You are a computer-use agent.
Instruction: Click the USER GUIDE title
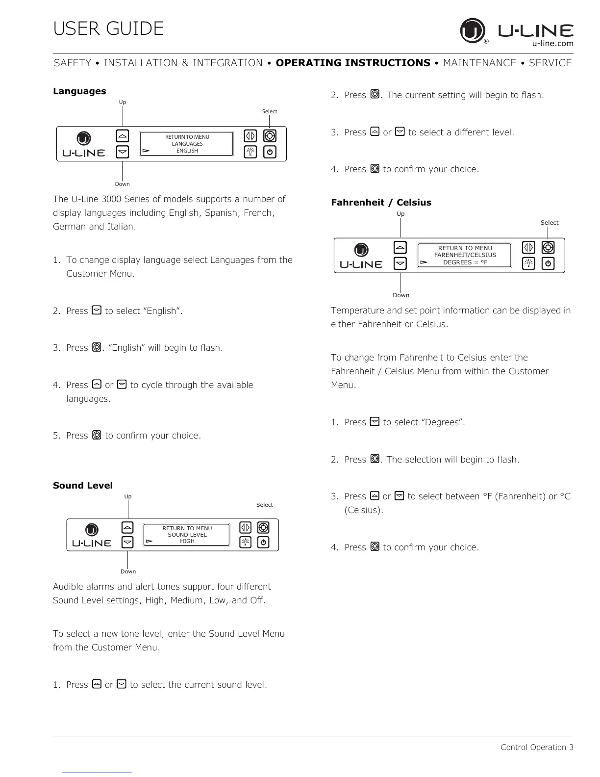click(108, 28)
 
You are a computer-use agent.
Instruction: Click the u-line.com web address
click(552, 43)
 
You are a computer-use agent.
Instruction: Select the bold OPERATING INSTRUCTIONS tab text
click(353, 63)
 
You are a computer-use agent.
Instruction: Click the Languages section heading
click(79, 91)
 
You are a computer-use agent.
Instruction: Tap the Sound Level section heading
click(83, 486)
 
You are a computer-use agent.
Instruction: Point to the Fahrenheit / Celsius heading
click(381, 203)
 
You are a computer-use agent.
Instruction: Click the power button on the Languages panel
click(270, 152)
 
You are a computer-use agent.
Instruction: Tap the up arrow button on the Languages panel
click(123, 136)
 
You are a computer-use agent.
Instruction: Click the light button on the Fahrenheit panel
click(528, 263)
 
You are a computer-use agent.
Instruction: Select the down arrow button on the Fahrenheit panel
click(400, 263)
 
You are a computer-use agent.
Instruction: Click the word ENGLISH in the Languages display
click(187, 151)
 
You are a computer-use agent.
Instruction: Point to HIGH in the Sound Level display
click(187, 541)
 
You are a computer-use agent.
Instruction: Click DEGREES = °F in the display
click(465, 262)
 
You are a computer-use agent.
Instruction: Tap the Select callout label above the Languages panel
click(269, 111)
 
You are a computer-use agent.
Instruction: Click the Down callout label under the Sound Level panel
click(128, 571)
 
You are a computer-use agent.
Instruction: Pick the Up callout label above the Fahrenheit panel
click(400, 214)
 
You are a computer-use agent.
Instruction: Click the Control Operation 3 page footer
click(537, 748)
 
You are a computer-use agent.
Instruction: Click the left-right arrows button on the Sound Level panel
click(245, 527)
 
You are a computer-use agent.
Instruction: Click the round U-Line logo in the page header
click(472, 30)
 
